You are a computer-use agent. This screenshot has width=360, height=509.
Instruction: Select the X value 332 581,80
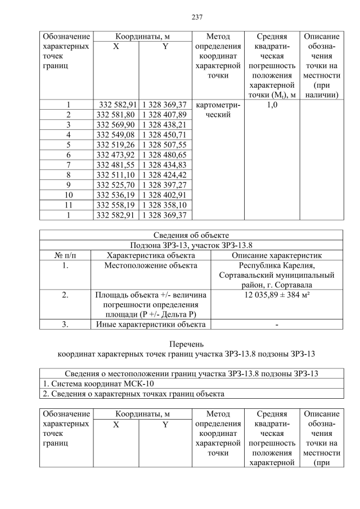click(116, 115)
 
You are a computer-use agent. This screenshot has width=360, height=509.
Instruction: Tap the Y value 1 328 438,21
click(165, 125)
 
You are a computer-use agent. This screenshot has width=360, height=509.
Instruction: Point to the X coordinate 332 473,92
click(116, 155)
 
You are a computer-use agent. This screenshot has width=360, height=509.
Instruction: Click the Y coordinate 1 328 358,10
click(165, 205)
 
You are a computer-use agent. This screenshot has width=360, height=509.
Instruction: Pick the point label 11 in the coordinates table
click(68, 205)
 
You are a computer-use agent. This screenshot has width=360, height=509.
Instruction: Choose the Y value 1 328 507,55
click(165, 145)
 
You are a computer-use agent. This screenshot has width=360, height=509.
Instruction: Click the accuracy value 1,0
click(272, 105)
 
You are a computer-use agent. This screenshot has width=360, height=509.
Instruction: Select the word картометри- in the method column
click(217, 105)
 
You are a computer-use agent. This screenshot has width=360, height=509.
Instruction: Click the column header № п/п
click(65, 255)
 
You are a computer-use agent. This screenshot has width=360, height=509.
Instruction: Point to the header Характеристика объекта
click(150, 255)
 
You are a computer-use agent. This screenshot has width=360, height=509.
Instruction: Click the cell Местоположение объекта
click(150, 265)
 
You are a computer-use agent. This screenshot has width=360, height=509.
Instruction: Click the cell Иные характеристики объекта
click(150, 324)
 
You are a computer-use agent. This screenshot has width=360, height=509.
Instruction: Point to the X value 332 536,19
click(116, 195)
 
